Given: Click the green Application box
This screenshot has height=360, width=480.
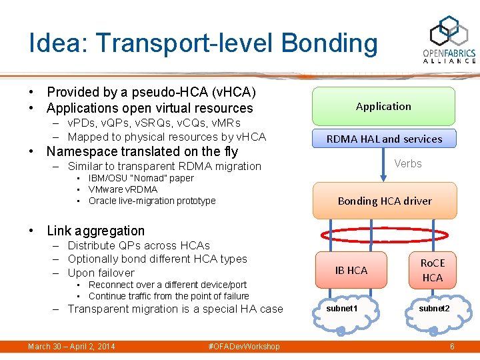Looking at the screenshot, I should [383, 107].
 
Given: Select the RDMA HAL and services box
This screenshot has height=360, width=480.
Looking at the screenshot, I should [384, 139].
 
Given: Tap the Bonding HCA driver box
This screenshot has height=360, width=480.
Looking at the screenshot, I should [385, 201].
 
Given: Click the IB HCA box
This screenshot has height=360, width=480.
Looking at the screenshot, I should [351, 270].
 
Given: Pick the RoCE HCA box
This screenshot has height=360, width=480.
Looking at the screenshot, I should [432, 270].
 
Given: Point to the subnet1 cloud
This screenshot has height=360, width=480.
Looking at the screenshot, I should [342, 310].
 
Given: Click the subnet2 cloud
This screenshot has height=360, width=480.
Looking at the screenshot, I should [434, 310].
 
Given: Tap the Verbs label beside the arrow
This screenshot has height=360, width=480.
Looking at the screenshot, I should [407, 163].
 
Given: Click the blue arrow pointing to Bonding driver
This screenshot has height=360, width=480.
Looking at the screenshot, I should [383, 164].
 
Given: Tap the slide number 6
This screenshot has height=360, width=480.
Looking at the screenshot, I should [452, 347].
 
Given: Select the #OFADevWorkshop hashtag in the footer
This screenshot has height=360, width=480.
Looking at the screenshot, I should [244, 347].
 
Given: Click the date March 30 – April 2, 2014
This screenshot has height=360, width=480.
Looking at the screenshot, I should [71, 347].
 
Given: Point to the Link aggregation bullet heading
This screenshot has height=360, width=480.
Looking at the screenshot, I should [95, 231].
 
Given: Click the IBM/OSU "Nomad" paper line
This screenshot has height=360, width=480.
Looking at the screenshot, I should [141, 178].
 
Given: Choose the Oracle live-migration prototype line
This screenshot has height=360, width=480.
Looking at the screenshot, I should [152, 201].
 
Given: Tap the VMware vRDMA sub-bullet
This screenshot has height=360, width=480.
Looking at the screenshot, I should [123, 189].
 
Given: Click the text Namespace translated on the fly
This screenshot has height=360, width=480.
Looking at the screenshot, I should [142, 151].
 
